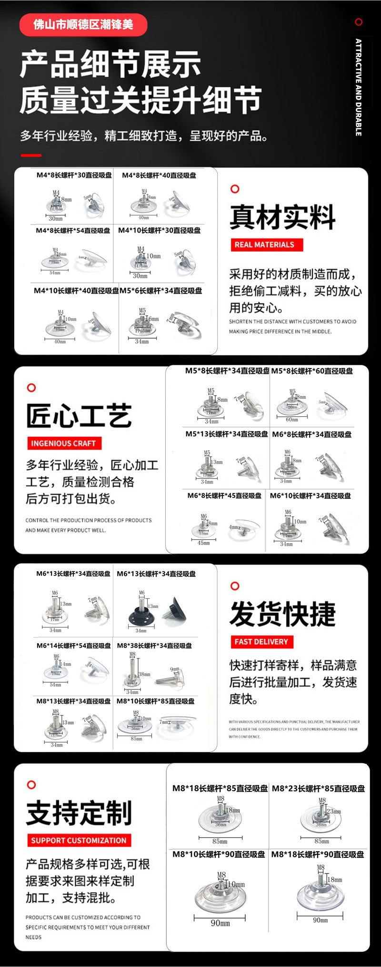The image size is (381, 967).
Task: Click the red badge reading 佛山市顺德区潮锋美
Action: [83, 25]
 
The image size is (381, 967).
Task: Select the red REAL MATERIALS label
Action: [265, 245]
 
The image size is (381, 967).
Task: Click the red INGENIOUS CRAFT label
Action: [64, 443]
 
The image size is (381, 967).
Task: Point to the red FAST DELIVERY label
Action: [261, 642]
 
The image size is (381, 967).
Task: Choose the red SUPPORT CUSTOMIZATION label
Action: [79, 841]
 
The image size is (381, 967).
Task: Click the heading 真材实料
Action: [282, 217]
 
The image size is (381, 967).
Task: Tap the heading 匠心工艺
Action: [79, 416]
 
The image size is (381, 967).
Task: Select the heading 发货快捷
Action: [282, 614]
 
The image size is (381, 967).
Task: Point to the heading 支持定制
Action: [79, 813]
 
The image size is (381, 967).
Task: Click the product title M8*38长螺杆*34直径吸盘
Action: [155, 646]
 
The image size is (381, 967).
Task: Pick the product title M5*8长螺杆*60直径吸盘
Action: [312, 371]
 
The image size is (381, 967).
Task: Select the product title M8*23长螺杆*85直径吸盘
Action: [318, 789]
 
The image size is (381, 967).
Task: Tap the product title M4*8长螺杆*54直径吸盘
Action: [73, 230]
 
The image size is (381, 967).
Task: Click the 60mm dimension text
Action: [292, 420]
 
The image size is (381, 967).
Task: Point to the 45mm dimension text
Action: [204, 543]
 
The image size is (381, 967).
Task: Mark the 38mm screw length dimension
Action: [144, 674]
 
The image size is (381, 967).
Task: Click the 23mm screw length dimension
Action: [334, 811]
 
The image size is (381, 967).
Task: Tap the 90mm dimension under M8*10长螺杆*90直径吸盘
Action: [221, 924]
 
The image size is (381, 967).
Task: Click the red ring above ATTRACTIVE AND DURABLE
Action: [359, 22]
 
